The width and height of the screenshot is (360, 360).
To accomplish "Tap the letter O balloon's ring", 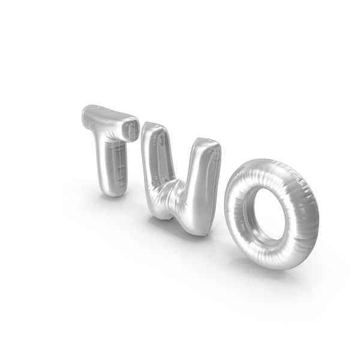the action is click(x=236, y=214).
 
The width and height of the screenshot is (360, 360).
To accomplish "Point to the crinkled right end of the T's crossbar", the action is click(x=132, y=129).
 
